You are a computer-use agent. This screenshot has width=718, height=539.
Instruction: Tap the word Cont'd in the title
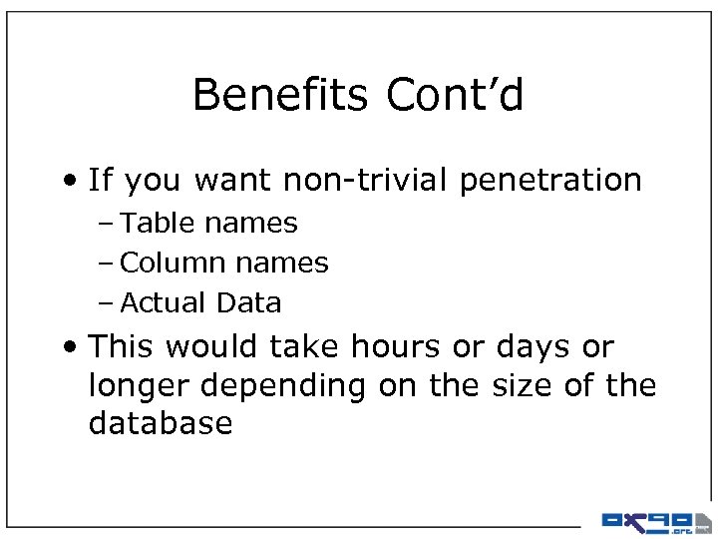[455, 96]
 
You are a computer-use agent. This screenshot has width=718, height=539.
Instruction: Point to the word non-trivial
[365, 181]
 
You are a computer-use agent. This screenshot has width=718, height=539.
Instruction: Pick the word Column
[171, 263]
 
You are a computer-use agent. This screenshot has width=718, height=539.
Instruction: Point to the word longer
[141, 386]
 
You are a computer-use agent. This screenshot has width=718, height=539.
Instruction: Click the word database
[161, 423]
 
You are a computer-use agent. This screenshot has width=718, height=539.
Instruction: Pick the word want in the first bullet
[235, 181]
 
